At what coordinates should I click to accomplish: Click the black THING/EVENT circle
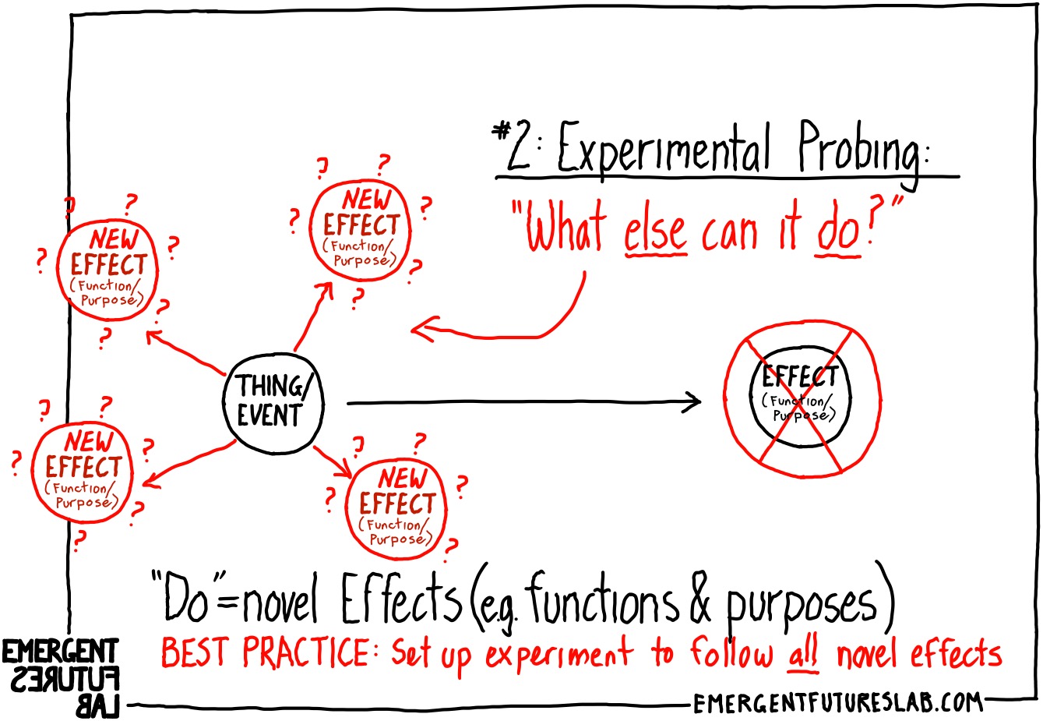pos(272,402)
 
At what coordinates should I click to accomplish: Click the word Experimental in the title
pos(663,149)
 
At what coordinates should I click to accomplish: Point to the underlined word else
pos(656,231)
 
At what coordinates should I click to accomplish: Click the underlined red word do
pos(837,232)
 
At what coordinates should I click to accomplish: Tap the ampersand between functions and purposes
pos(700,602)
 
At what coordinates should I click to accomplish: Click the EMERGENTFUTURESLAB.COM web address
pos(837,703)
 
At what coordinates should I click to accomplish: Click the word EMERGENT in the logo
pos(60,652)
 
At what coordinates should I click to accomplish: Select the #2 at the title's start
pos(513,147)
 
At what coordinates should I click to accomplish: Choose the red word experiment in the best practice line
pos(558,656)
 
